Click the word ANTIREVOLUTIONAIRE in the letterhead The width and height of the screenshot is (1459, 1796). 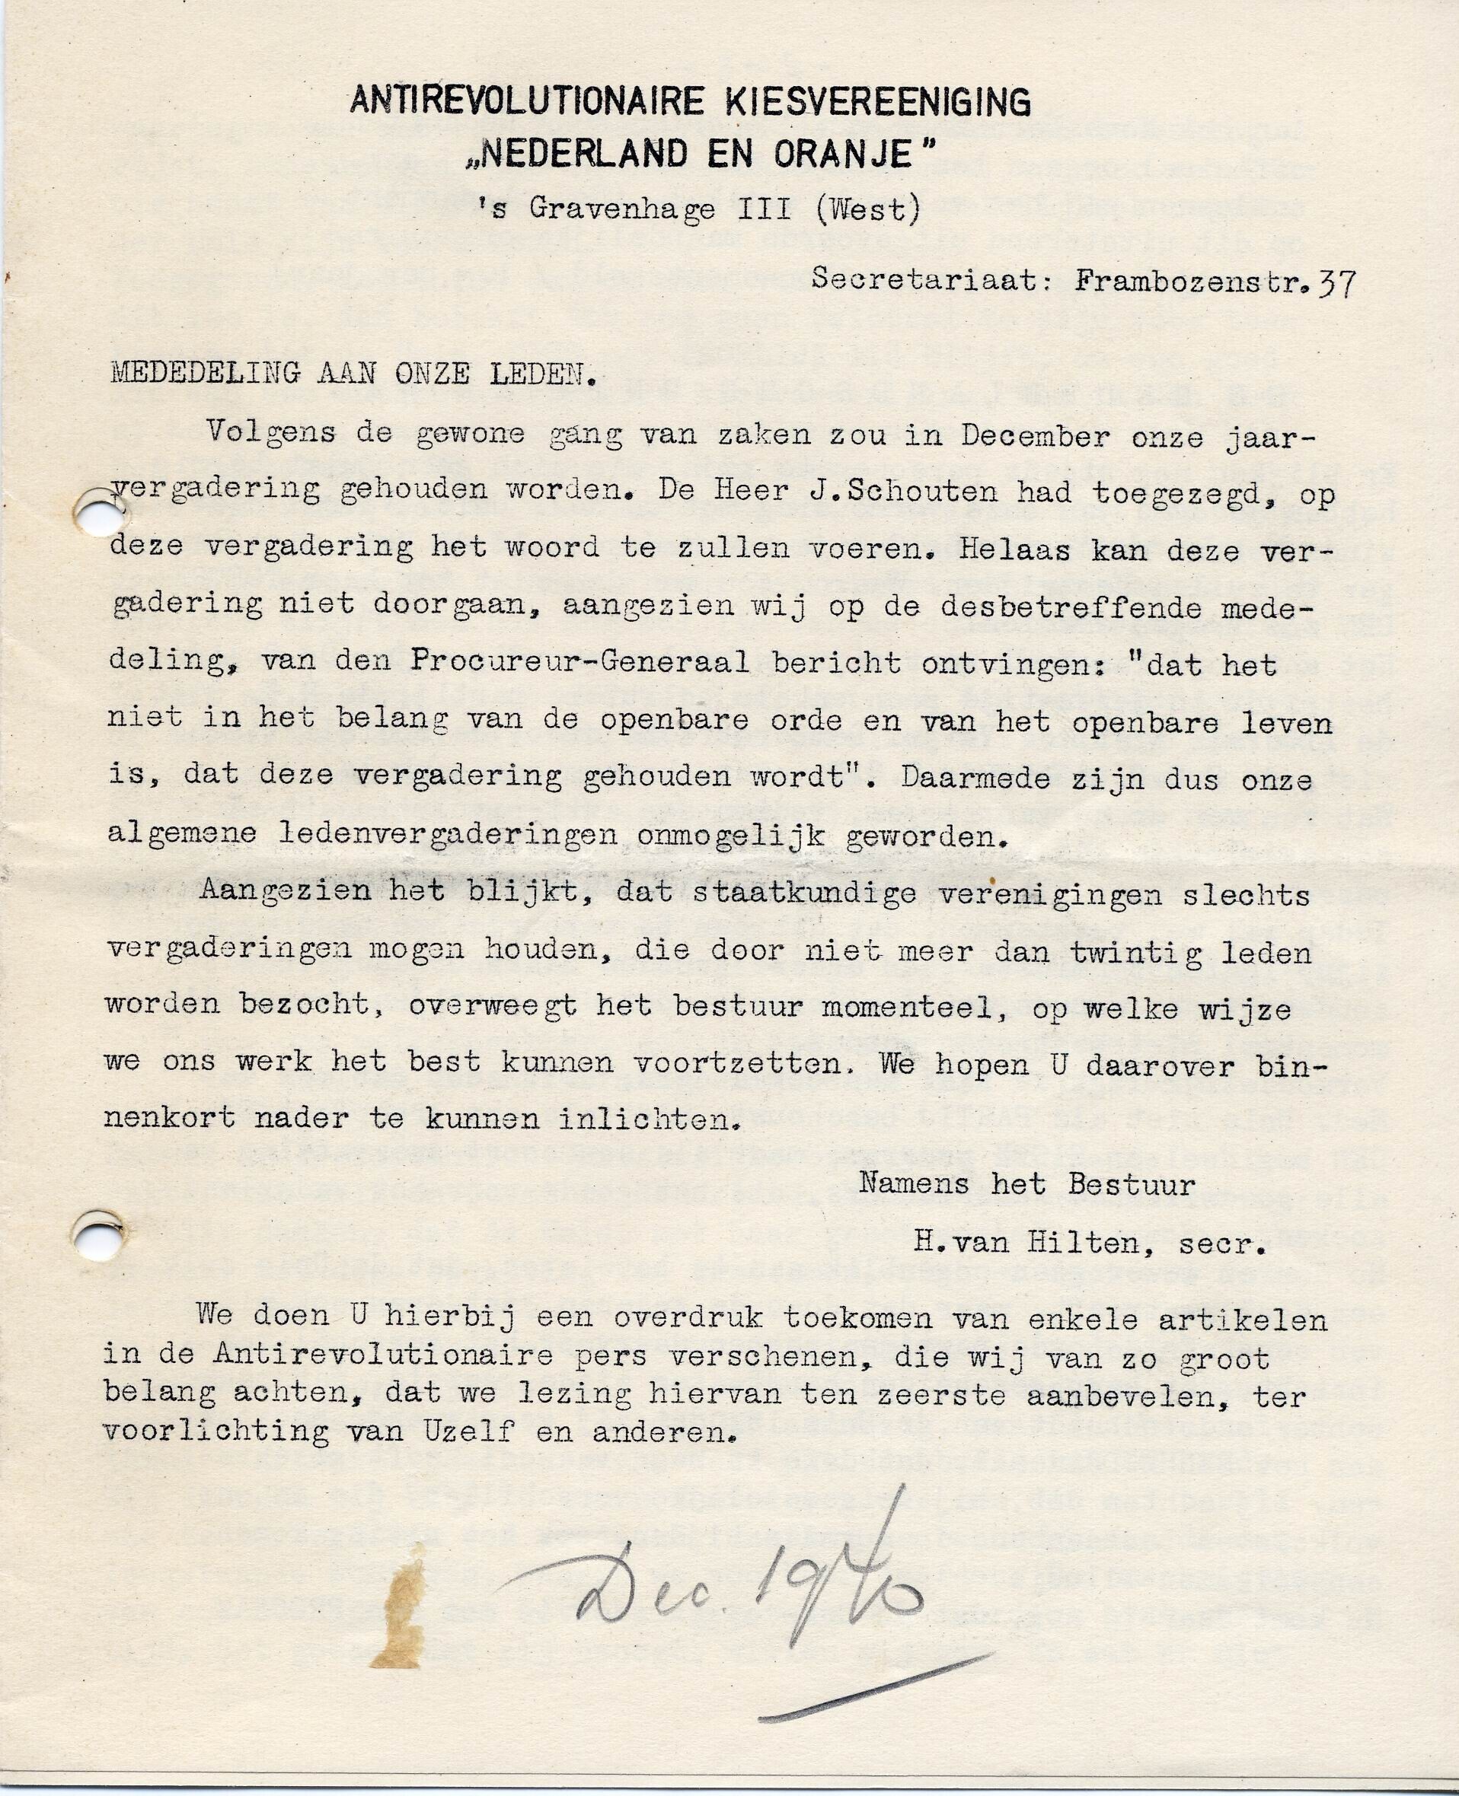point(526,102)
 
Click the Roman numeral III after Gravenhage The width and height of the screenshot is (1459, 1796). point(764,209)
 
